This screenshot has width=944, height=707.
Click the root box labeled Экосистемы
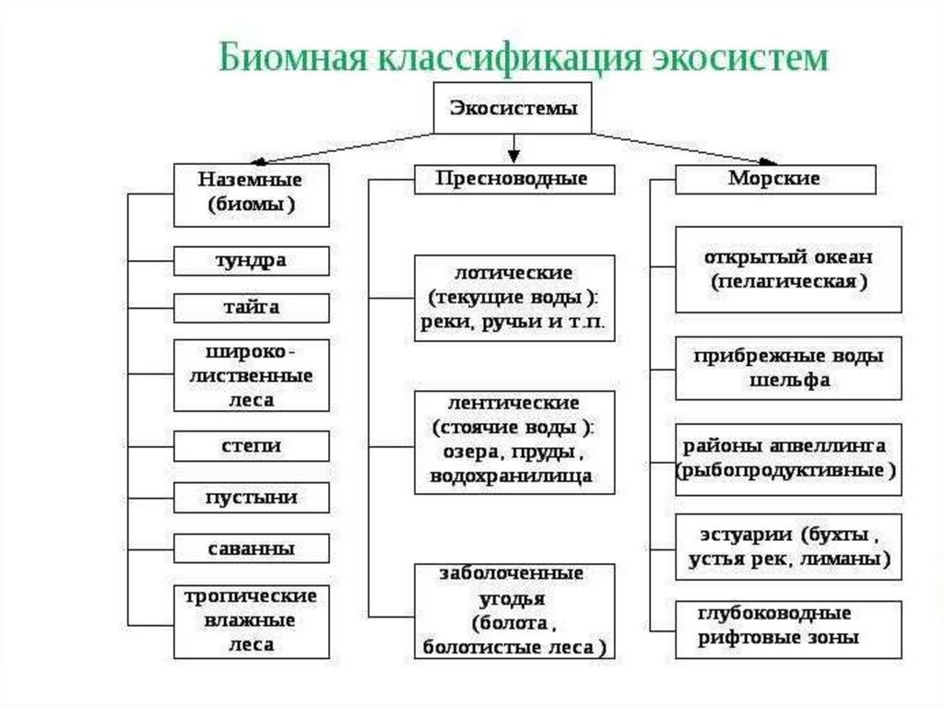click(x=513, y=108)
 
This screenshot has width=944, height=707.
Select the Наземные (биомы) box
click(x=251, y=194)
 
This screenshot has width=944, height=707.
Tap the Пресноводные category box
click(x=513, y=179)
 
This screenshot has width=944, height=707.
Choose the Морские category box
click(x=774, y=179)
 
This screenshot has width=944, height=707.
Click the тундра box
click(x=251, y=261)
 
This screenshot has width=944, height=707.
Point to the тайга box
click(x=251, y=307)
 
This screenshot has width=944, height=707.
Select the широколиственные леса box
click(x=251, y=375)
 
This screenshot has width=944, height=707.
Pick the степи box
click(x=251, y=446)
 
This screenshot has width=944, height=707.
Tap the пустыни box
click(x=251, y=498)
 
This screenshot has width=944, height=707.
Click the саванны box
click(x=251, y=548)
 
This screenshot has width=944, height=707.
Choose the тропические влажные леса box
click(x=251, y=619)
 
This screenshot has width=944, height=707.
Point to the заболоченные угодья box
click(x=513, y=610)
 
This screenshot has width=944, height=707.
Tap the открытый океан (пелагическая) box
click(x=788, y=269)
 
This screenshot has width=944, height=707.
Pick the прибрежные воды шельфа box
click(x=788, y=368)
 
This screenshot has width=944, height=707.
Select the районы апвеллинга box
click(x=788, y=458)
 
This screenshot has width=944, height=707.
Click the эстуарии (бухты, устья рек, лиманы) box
click(x=788, y=547)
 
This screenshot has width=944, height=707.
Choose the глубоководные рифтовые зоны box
click(x=788, y=625)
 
